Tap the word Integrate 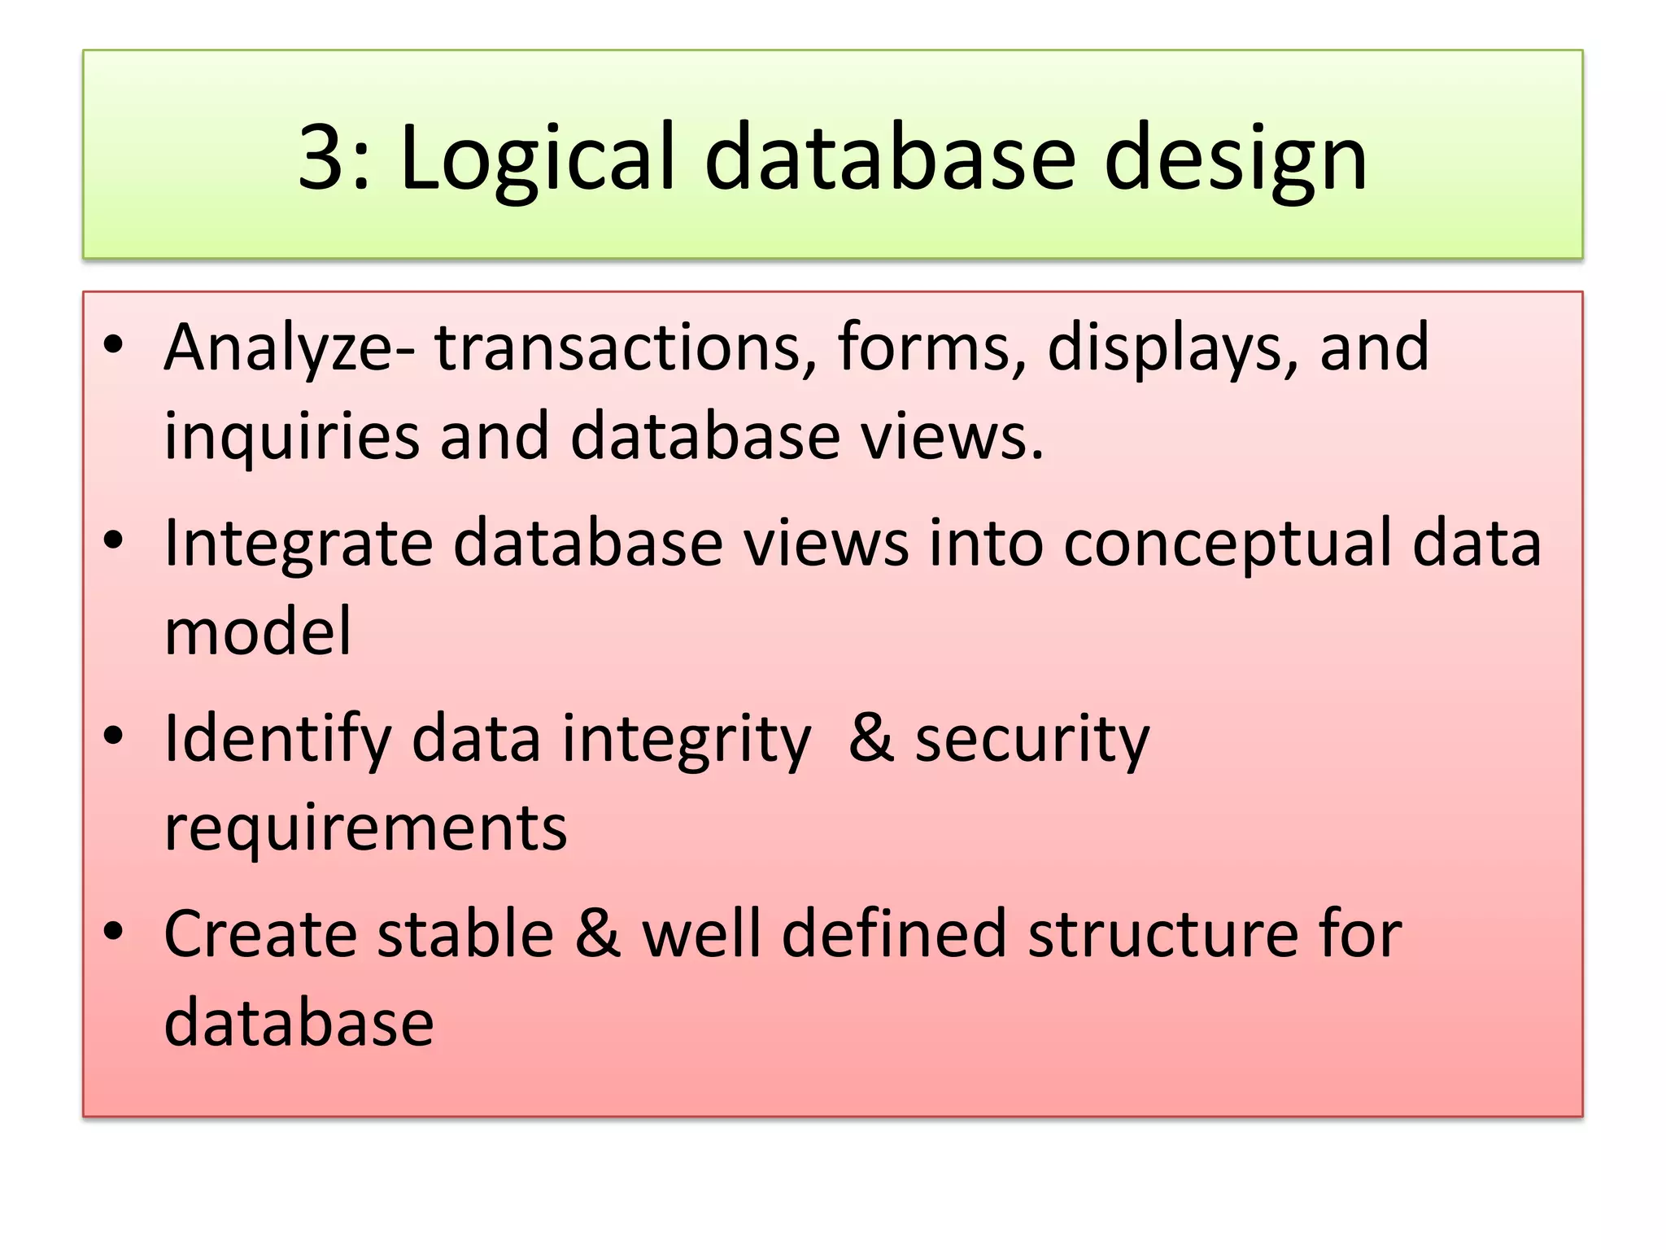tap(298, 544)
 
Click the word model tap(258, 632)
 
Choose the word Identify tap(277, 739)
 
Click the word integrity tap(686, 739)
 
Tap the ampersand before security tap(870, 739)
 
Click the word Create tap(259, 934)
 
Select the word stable tap(465, 934)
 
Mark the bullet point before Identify tap(113, 736)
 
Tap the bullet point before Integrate tap(113, 541)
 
